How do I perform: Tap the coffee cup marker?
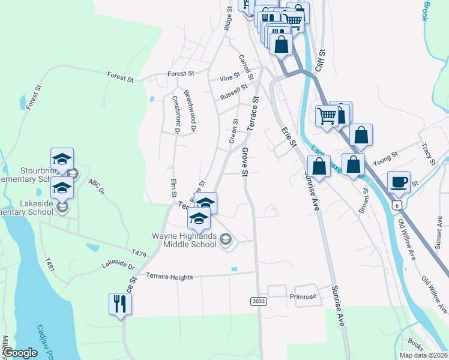tap(399, 181)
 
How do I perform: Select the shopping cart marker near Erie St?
tap(327, 115)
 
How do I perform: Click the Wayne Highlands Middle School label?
tap(185, 240)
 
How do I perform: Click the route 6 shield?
tap(396, 205)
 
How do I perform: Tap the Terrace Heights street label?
tap(170, 277)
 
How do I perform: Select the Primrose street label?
tap(303, 296)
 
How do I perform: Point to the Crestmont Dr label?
tap(176, 113)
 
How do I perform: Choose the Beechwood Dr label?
tap(190, 110)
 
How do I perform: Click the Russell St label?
tap(234, 92)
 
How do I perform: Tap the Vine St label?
tap(230, 77)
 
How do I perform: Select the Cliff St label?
tap(321, 61)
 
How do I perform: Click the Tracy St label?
tap(428, 154)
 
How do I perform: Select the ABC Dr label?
tap(96, 187)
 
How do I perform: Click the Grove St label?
tap(245, 163)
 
